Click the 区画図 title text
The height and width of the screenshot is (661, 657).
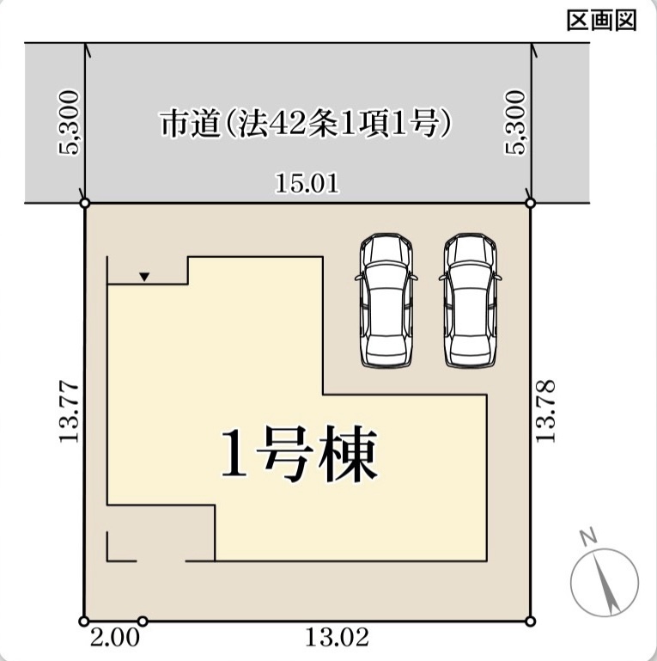601,21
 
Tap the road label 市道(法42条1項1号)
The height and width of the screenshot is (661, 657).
307,124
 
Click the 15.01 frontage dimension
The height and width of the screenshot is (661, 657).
307,184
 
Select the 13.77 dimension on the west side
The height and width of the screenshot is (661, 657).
70,412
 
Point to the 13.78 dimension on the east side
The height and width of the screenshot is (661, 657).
545,411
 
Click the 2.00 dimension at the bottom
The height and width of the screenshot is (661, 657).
114,638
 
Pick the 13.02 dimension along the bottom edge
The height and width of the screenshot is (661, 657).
337,637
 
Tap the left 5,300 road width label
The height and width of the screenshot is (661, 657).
68,123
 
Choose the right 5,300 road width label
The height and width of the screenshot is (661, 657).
515,123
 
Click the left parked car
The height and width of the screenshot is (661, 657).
386,301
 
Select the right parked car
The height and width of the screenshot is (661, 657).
470,301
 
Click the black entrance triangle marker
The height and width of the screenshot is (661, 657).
144,277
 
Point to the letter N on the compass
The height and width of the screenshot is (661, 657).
588,536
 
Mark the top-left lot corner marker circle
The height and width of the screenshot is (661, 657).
85,203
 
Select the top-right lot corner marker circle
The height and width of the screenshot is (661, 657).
531,203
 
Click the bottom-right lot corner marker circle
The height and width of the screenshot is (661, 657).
531,621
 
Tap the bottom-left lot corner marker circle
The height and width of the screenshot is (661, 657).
84,621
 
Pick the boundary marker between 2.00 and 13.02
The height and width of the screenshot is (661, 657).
143,621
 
